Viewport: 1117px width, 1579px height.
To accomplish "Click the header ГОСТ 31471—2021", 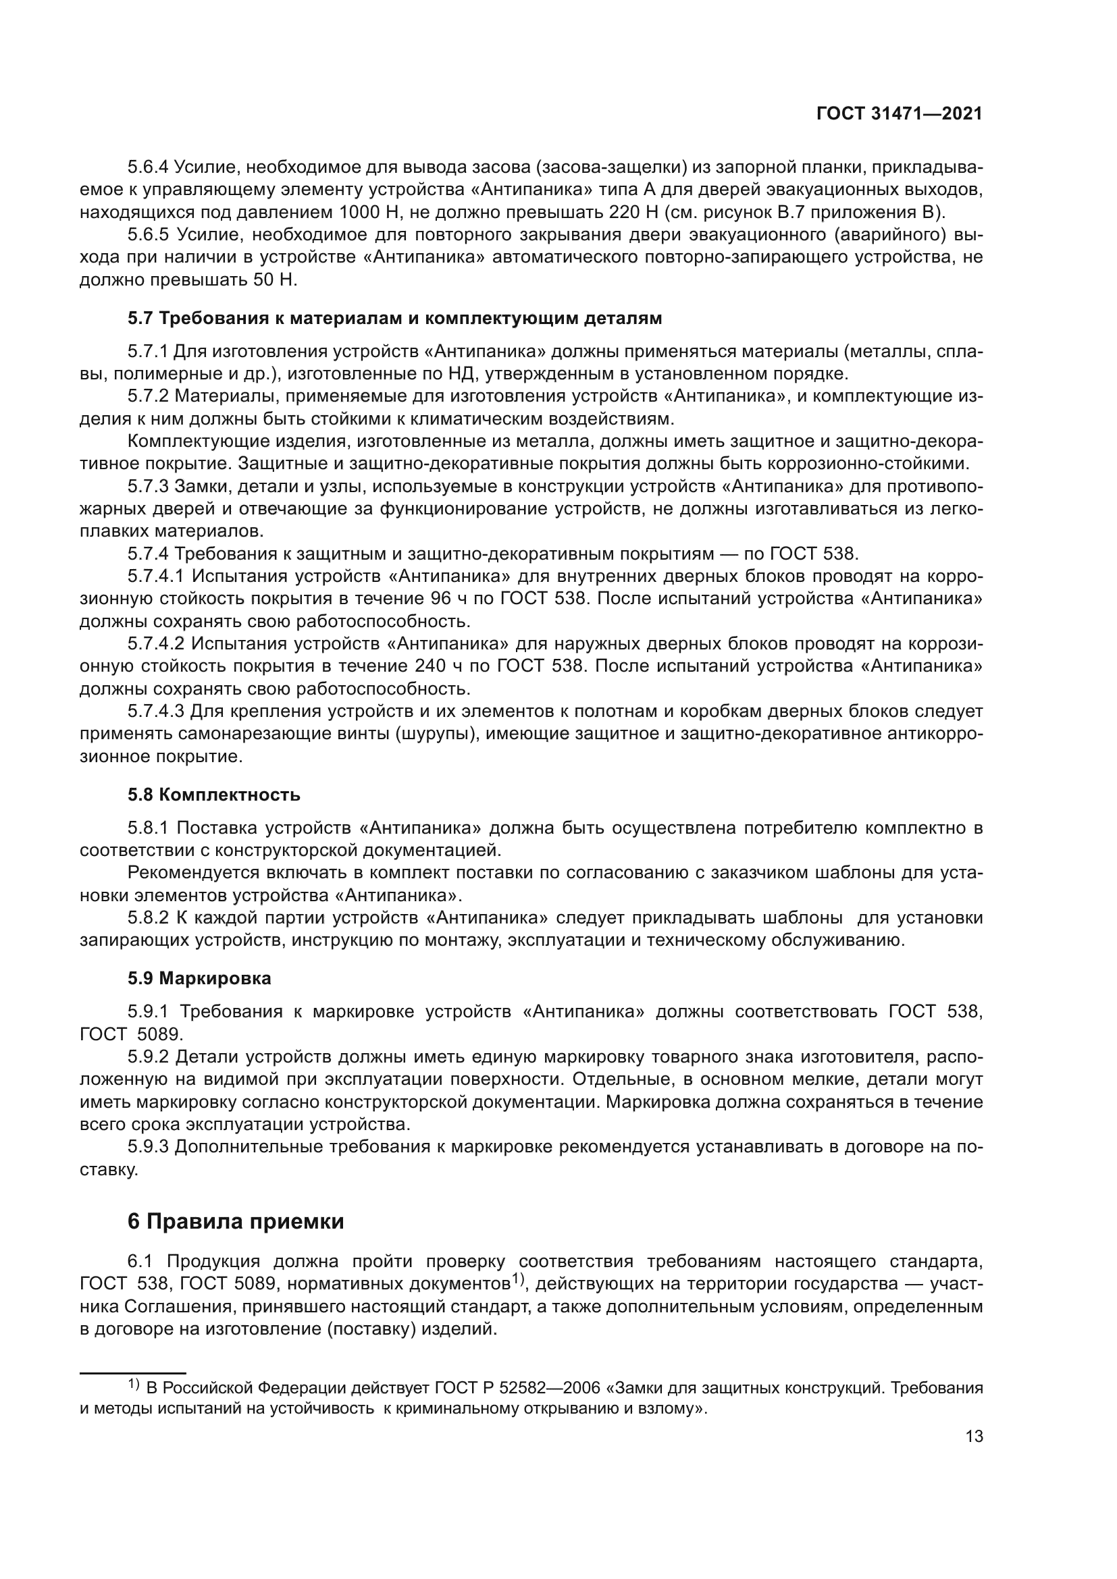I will [899, 114].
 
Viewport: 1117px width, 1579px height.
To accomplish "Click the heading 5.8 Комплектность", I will [214, 795].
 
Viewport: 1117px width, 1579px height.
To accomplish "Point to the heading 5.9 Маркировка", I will [199, 978].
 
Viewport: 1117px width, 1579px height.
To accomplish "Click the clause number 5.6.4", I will [147, 167].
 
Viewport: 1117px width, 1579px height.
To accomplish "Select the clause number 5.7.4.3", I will [156, 710].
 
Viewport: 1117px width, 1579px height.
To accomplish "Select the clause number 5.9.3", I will [147, 1146].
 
